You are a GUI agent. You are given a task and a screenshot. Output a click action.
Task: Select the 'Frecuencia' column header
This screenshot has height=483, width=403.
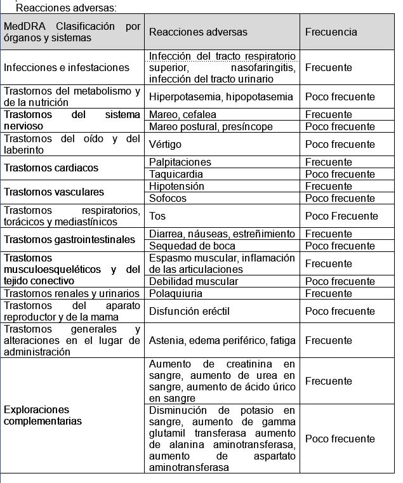coord(331,32)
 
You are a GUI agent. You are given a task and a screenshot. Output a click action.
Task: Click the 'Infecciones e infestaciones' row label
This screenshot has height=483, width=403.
coord(66,67)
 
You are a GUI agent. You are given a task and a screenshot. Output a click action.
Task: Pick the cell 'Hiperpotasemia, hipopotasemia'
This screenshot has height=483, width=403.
coord(221,97)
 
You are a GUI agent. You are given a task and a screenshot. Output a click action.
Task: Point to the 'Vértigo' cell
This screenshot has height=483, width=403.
coord(165,144)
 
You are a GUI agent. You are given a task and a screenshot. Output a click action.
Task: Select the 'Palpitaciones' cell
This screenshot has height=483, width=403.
coord(180,162)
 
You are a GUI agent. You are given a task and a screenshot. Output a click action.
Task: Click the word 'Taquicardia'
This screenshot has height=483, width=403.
coord(176,174)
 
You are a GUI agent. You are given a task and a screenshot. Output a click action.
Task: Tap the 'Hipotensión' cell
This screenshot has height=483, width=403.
coord(176,186)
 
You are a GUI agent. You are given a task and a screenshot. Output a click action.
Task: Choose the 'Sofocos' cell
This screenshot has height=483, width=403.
coord(168,198)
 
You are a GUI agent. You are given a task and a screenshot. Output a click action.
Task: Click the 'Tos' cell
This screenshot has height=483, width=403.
coord(157,216)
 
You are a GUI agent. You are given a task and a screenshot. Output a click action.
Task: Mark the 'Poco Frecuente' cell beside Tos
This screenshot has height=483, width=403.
coord(341,216)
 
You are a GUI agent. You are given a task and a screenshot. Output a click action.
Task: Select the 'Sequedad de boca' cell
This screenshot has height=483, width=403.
coord(192,246)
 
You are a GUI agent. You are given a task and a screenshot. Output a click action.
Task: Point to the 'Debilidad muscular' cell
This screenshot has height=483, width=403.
coord(194,281)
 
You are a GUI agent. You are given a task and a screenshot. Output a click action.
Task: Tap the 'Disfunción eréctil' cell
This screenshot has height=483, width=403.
coord(189,311)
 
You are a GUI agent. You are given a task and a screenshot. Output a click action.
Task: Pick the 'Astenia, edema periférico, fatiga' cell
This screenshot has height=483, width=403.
coord(222,340)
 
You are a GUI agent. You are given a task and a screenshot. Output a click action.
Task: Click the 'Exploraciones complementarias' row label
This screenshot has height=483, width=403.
coord(43,415)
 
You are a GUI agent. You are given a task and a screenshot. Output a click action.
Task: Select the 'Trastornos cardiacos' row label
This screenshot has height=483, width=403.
coord(51,168)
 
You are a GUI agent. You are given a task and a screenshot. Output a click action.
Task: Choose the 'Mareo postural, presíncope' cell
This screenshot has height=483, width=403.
coord(211,126)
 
